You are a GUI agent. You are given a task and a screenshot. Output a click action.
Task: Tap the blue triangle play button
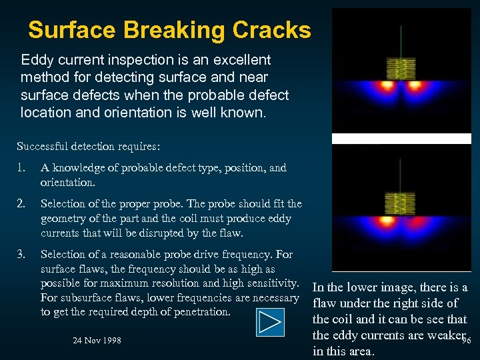pos(269,322)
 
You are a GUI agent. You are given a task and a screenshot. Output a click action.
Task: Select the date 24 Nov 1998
pos(97,340)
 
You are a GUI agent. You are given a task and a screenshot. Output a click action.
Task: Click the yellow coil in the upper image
pos(401,68)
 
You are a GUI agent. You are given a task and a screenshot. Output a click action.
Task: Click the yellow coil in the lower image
pos(401,203)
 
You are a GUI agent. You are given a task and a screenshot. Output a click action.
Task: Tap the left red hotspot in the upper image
pos(386,86)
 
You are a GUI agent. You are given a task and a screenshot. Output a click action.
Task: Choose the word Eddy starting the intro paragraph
pos(37,60)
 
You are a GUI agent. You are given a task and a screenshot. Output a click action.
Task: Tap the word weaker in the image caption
pos(436,335)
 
